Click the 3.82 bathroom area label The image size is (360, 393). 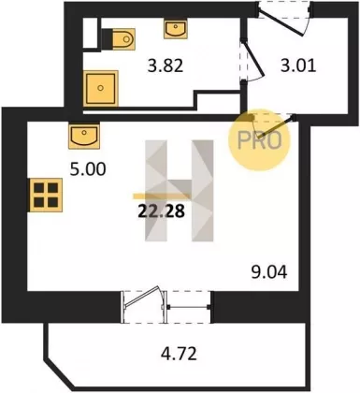tap(166, 65)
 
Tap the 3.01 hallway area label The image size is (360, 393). tap(298, 65)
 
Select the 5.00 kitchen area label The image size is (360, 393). tap(88, 169)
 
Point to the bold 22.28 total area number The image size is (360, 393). tap(162, 211)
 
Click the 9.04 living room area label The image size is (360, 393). tap(269, 272)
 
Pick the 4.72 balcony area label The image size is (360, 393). tap(179, 354)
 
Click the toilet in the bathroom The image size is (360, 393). tap(123, 39)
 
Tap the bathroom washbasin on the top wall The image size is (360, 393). tap(176, 29)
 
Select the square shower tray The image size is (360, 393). tap(101, 88)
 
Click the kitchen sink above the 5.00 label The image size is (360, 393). tap(84, 136)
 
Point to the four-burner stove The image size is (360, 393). tap(46, 195)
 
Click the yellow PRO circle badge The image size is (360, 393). tap(259, 140)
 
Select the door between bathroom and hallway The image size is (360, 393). tap(252, 59)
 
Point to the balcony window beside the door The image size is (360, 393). tap(189, 307)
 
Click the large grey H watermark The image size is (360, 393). tap(180, 191)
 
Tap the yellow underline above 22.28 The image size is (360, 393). tap(162, 196)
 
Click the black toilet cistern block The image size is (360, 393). tap(107, 39)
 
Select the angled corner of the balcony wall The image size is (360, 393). tap(58, 374)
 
